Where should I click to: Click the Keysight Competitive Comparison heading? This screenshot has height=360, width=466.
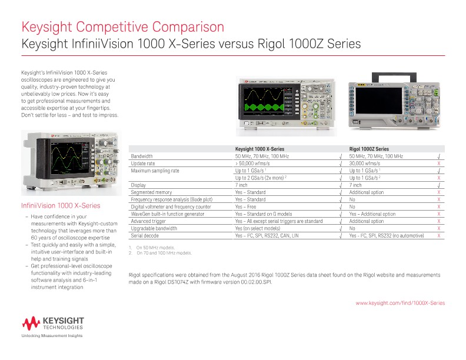(122, 27)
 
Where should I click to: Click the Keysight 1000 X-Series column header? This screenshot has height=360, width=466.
(259, 149)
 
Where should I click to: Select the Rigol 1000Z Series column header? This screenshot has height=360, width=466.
(369, 149)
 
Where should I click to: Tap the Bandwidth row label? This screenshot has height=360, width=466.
(142, 156)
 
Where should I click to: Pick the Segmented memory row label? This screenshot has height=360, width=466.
(151, 192)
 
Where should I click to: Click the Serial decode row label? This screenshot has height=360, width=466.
(145, 235)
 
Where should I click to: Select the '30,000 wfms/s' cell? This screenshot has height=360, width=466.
(365, 163)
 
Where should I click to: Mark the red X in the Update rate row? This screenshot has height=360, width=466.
(439, 163)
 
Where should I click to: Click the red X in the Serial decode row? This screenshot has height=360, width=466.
(439, 235)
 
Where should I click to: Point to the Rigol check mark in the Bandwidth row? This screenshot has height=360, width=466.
(439, 156)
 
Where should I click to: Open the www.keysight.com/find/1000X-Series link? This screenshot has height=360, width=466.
(400, 302)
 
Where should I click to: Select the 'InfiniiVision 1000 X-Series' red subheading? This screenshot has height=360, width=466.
(61, 206)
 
